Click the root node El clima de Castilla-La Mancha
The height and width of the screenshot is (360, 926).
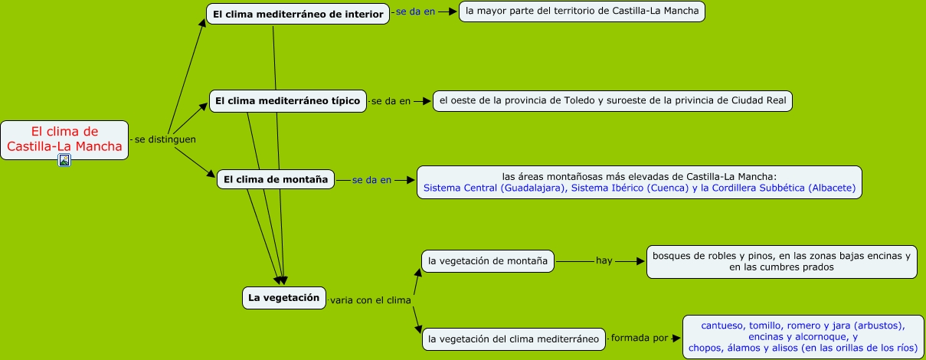(x=64, y=139)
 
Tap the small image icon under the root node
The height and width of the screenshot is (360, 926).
(x=64, y=160)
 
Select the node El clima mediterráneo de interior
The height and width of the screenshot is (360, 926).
(x=298, y=14)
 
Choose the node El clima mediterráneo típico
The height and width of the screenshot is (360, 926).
(x=287, y=101)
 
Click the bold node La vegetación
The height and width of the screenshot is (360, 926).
(x=283, y=297)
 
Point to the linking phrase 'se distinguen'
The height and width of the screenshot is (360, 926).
(x=165, y=139)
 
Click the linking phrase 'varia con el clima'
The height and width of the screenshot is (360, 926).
(x=371, y=300)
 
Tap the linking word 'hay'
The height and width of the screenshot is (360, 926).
(x=604, y=261)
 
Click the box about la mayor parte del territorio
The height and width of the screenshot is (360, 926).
(x=581, y=11)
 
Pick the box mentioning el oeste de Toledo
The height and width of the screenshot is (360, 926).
(x=612, y=100)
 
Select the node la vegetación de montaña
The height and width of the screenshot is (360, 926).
(x=488, y=261)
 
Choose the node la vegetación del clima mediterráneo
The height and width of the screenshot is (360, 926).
(x=513, y=339)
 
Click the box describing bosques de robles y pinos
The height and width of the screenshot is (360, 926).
(x=781, y=262)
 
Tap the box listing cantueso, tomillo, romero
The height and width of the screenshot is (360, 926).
(x=803, y=336)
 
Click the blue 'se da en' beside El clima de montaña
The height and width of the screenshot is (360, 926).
(x=371, y=180)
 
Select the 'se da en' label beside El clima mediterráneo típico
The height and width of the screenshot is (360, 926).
(x=391, y=101)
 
